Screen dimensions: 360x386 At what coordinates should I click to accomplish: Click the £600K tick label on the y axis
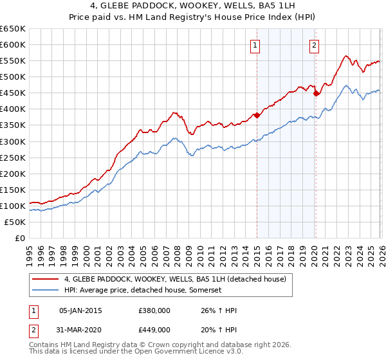pyautogui.click(x=13, y=44)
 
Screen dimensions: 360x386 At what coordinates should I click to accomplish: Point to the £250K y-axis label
pyautogui.click(x=13, y=157)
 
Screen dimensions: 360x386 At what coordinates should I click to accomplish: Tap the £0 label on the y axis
pyautogui.click(x=21, y=238)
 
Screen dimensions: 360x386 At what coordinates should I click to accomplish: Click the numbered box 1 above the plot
pyautogui.click(x=256, y=45)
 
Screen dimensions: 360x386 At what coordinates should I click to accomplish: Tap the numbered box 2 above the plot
pyautogui.click(x=314, y=45)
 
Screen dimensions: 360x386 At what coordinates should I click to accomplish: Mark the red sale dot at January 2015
pyautogui.click(x=257, y=116)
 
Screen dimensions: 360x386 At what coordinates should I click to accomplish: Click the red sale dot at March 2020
pyautogui.click(x=316, y=93)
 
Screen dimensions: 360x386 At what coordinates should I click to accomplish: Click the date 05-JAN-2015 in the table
pyautogui.click(x=80, y=310)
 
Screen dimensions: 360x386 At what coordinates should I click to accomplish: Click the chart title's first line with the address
pyautogui.click(x=193, y=8)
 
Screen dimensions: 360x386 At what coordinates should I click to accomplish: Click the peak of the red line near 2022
pyautogui.click(x=346, y=56)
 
